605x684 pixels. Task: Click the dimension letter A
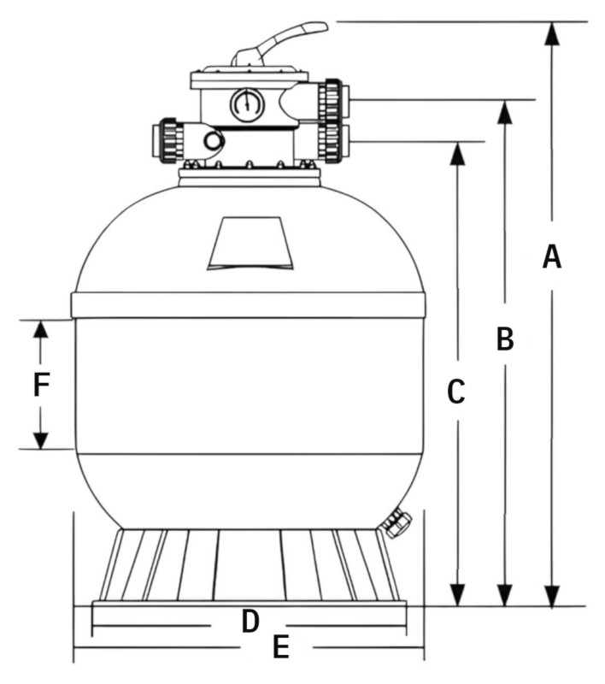pos(552,256)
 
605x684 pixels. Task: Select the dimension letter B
pos(505,339)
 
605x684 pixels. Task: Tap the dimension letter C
pos(456,392)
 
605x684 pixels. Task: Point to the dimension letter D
pos(250,622)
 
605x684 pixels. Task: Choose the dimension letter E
pos(279,648)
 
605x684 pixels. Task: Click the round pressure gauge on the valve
pos(246,105)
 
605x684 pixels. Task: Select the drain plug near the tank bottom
pos(396,522)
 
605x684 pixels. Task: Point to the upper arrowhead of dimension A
pos(552,32)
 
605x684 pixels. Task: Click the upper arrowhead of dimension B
pos(505,112)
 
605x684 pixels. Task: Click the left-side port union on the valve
pos(171,139)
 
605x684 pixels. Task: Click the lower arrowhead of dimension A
pos(552,594)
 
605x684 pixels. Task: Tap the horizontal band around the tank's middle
pos(248,305)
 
